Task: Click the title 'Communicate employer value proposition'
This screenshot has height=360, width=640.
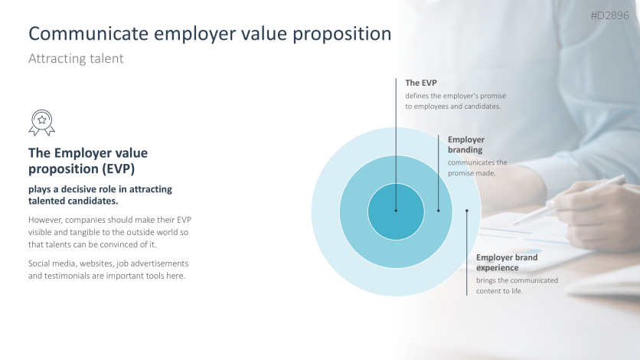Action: tap(209, 34)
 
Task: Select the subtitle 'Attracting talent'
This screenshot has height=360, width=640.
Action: tap(75, 58)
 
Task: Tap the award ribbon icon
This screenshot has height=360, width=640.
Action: tap(41, 122)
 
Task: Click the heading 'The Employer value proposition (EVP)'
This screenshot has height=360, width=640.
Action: tap(88, 160)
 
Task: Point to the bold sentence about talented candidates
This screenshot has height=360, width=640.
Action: tap(100, 195)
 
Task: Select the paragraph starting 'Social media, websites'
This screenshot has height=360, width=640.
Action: tap(109, 269)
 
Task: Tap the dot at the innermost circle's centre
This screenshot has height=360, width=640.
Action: tap(396, 211)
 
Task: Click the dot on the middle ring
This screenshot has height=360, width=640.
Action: tap(439, 211)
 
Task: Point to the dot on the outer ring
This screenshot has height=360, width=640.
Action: tap(467, 211)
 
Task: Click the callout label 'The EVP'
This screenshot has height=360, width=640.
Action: tap(420, 83)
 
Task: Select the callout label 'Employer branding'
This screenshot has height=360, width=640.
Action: tap(466, 145)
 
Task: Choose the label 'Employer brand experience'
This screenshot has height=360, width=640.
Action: tap(507, 263)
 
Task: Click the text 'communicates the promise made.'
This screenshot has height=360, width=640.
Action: tap(477, 168)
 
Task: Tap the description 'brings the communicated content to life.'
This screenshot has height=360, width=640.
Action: tap(511, 286)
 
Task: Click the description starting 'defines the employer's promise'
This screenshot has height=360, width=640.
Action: tap(456, 101)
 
